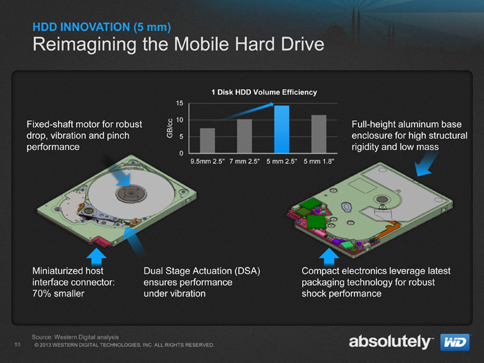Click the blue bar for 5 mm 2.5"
pyautogui.click(x=282, y=129)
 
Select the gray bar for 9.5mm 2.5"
pyautogui.click(x=207, y=140)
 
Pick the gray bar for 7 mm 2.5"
pyautogui.click(x=245, y=136)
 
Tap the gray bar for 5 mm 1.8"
pyautogui.click(x=319, y=134)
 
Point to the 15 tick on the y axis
pyautogui.click(x=180, y=104)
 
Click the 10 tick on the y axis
pyautogui.click(x=180, y=120)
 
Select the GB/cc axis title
pyautogui.click(x=169, y=128)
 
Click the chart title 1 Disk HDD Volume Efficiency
pyautogui.click(x=264, y=92)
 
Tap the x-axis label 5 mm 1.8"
pyautogui.click(x=319, y=161)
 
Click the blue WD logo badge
pyautogui.click(x=455, y=342)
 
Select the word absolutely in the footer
pyautogui.click(x=389, y=342)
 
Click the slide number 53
pyautogui.click(x=17, y=344)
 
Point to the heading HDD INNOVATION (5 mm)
pyautogui.click(x=102, y=27)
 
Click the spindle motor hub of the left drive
pyautogui.click(x=131, y=194)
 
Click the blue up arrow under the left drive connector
pyautogui.click(x=96, y=257)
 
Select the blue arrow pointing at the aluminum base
pyautogui.click(x=426, y=165)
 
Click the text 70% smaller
pyautogui.click(x=58, y=293)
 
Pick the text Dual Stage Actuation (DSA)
pyautogui.click(x=202, y=271)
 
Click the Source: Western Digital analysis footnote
pyautogui.click(x=75, y=337)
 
